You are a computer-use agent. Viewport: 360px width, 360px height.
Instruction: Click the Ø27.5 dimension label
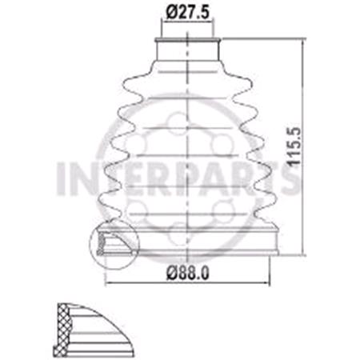point(189,13)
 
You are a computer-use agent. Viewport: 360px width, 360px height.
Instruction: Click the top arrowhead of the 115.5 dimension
point(303,40)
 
